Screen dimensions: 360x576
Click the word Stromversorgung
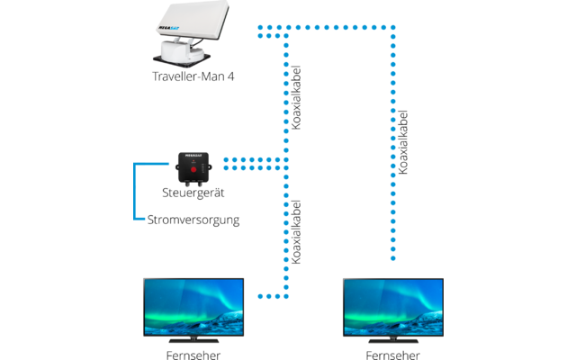point(193,219)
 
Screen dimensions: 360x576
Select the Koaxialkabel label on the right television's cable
point(402,142)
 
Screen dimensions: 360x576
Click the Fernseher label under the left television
point(194,354)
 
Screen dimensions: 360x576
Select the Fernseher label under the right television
point(393,354)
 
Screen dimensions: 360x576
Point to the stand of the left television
point(193,338)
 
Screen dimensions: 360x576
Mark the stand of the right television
point(393,338)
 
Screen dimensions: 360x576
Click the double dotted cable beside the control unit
point(252,163)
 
